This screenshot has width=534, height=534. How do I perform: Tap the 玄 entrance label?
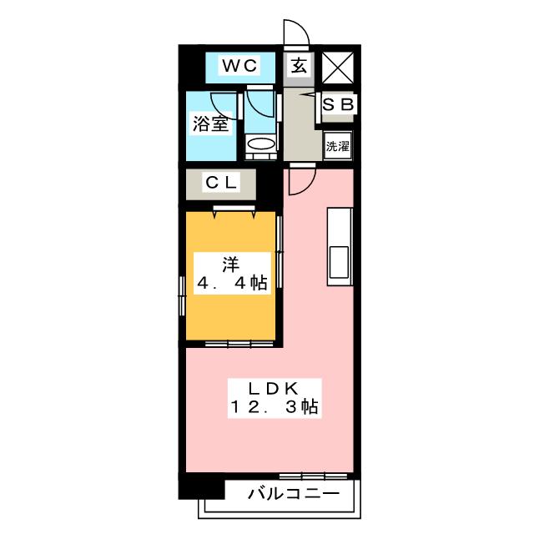(x=298, y=65)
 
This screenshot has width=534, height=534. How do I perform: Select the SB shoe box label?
(x=339, y=105)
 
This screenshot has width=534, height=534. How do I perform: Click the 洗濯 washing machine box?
(x=338, y=145)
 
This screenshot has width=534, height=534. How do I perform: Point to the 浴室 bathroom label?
(x=210, y=125)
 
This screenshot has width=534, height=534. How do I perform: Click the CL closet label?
(x=223, y=182)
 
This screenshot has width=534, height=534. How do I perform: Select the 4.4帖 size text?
(x=231, y=283)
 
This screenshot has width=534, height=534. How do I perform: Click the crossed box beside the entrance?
(x=340, y=65)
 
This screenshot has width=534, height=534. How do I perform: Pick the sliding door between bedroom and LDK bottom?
(x=231, y=343)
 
